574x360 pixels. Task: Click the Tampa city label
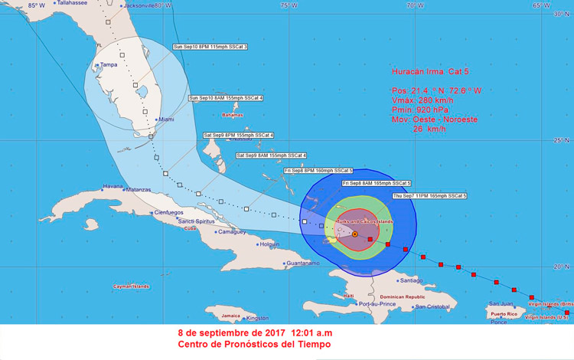pos(109,64)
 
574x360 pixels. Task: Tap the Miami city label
pos(165,119)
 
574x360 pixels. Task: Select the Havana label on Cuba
pos(113,186)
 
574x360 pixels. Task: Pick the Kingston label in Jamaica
pos(257,318)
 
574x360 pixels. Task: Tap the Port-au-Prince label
pos(376,304)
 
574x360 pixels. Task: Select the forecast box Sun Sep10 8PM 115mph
pos(210,47)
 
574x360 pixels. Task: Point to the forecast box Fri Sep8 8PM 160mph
pos(318,170)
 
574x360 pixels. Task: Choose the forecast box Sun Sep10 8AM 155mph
pos(226,98)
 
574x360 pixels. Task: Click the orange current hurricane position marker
pos(355,234)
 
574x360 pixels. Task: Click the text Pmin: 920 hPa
pos(419,110)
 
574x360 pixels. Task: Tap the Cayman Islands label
pos(131,286)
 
